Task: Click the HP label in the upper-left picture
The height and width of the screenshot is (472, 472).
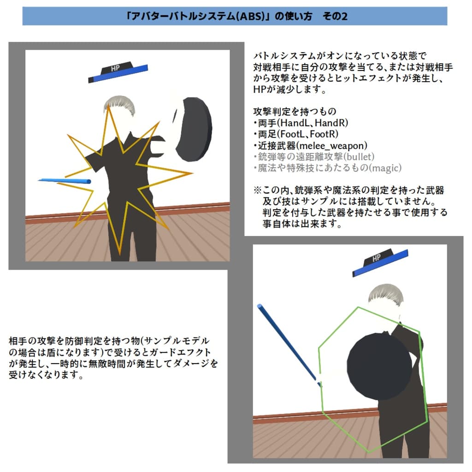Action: [115, 69]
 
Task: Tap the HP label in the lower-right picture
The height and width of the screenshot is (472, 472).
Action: [376, 259]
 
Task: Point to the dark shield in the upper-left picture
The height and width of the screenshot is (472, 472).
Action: [194, 130]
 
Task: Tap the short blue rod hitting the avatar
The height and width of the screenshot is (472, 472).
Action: [65, 181]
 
